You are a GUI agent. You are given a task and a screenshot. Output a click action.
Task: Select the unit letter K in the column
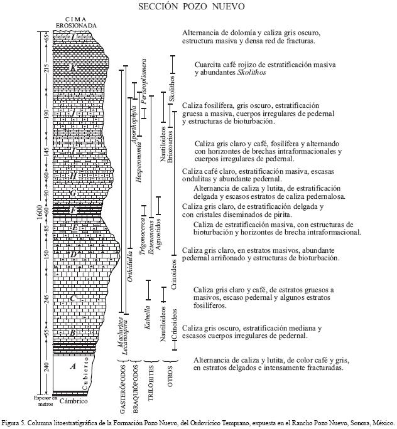click(x=73, y=68)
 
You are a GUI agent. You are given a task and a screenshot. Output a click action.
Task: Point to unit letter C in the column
click(x=73, y=299)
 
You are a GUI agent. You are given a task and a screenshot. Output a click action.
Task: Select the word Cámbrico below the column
click(x=73, y=401)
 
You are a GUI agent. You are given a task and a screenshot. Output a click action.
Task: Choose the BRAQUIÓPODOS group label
click(x=136, y=384)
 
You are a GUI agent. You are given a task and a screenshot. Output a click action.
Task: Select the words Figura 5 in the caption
click(x=14, y=422)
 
